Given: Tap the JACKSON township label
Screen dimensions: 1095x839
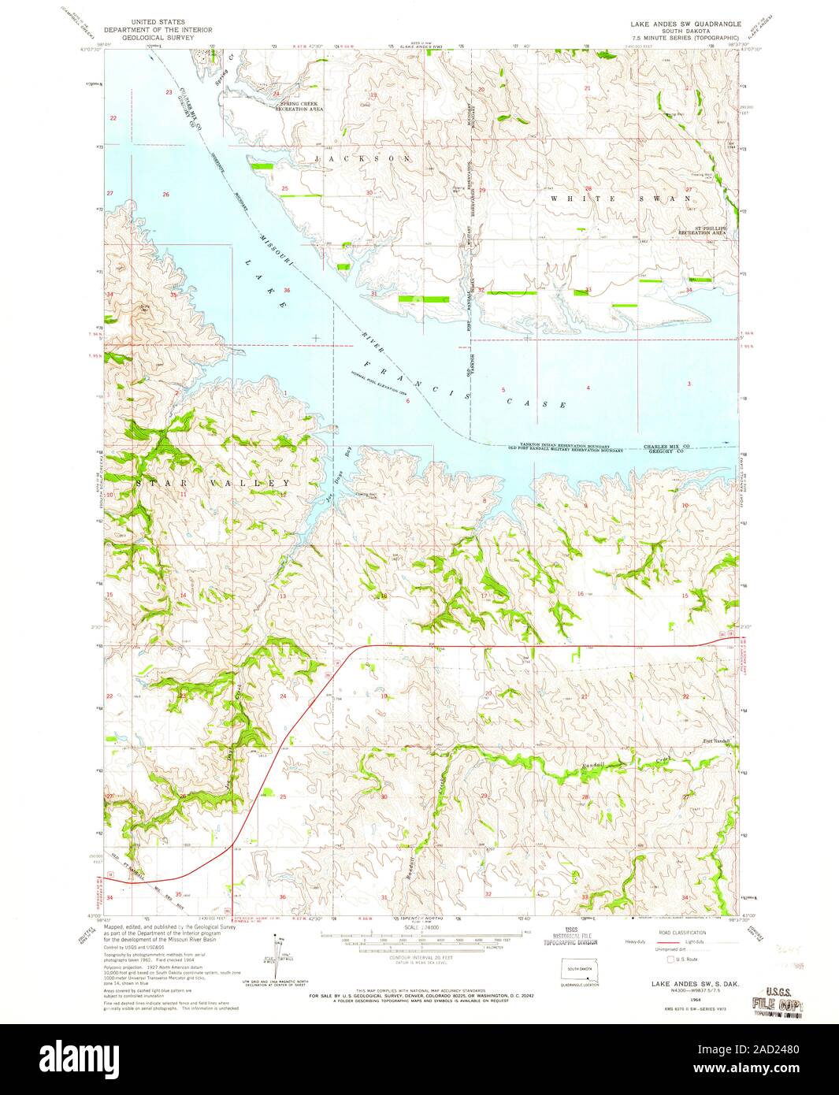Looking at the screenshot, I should point(362,158).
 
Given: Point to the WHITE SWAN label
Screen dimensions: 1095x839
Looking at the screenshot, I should point(622,199).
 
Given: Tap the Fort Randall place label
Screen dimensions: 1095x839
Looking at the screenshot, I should point(716,741).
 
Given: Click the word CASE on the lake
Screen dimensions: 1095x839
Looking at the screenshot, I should point(536,399).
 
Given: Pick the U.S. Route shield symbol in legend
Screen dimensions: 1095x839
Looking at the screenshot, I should point(670,959).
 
